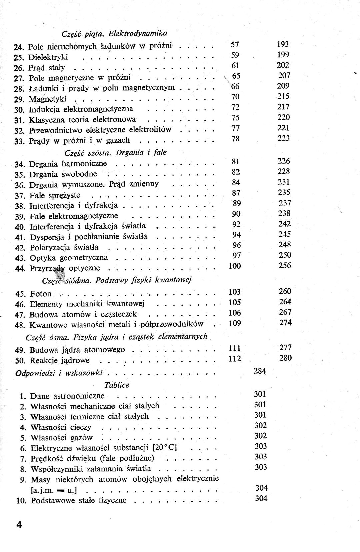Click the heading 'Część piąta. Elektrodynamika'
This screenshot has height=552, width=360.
tap(114, 33)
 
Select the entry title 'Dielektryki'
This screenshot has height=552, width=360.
tap(48, 57)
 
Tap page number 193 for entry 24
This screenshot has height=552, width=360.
tap(283, 44)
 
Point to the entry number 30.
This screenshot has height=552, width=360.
tap(20, 110)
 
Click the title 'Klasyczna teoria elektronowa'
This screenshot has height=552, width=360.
tap(82, 119)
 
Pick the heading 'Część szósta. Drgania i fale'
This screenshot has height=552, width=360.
tap(115, 153)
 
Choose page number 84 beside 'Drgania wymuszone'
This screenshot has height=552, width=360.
tap(236, 182)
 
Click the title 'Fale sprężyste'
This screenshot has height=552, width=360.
tap(55, 195)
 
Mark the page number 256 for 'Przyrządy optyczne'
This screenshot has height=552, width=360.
tap(285, 265)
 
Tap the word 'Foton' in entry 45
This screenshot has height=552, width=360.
tap(41, 294)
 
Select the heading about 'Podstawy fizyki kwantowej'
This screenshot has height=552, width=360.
tap(117, 280)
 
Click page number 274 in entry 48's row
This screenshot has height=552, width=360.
tap(285, 322)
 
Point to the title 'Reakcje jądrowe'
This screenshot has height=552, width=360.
tap(60, 360)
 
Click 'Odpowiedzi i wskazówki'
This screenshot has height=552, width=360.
tap(59, 373)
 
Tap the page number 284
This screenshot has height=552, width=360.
tap(260, 371)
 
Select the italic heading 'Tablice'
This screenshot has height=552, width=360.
tap(116, 385)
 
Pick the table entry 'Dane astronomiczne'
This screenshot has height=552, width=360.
tap(67, 396)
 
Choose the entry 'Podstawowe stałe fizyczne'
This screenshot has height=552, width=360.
tap(79, 500)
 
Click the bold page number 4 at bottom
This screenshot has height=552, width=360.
tap(19, 525)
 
